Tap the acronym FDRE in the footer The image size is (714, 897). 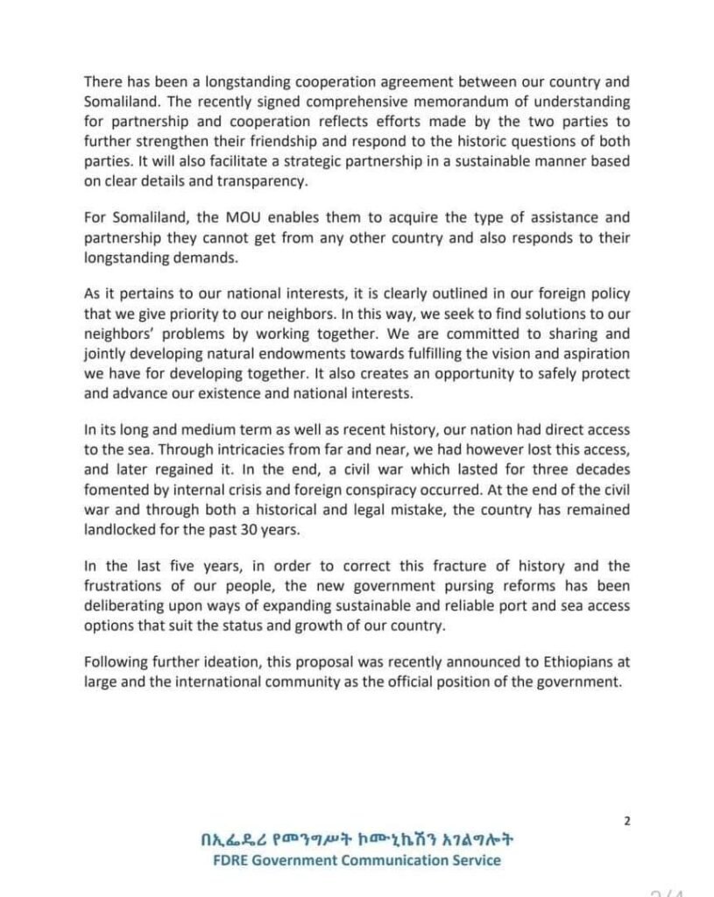pos(235,859)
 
